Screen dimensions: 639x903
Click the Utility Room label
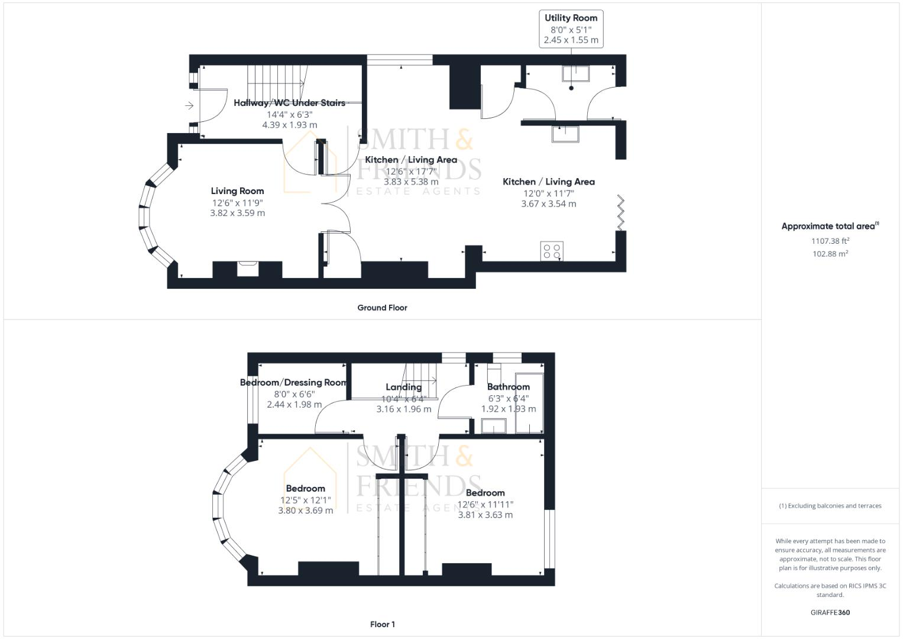pyautogui.click(x=571, y=18)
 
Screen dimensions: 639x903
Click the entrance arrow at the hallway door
pyautogui.click(x=189, y=106)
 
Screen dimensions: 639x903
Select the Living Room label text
pyautogui.click(x=237, y=191)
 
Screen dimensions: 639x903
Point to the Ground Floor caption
pyautogui.click(x=382, y=308)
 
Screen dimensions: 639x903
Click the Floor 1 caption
pyautogui.click(x=382, y=624)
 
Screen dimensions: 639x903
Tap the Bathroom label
pyautogui.click(x=508, y=387)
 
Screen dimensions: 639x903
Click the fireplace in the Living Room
pyautogui.click(x=248, y=269)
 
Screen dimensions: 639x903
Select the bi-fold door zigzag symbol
pyautogui.click(x=621, y=212)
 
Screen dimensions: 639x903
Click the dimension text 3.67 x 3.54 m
pyautogui.click(x=548, y=204)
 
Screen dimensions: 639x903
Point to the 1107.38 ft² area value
pyautogui.click(x=830, y=241)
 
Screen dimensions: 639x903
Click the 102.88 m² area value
pyautogui.click(x=830, y=254)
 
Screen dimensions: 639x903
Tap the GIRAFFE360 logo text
pyautogui.click(x=830, y=612)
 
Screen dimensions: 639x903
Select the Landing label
pyautogui.click(x=404, y=387)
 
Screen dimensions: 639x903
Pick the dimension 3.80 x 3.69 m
pyautogui.click(x=305, y=510)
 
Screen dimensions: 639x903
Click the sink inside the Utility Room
pyautogui.click(x=575, y=73)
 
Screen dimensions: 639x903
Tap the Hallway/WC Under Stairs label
pyautogui.click(x=289, y=103)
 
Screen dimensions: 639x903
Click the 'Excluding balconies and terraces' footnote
pyautogui.click(x=830, y=506)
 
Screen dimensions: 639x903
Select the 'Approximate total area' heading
pyautogui.click(x=830, y=226)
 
